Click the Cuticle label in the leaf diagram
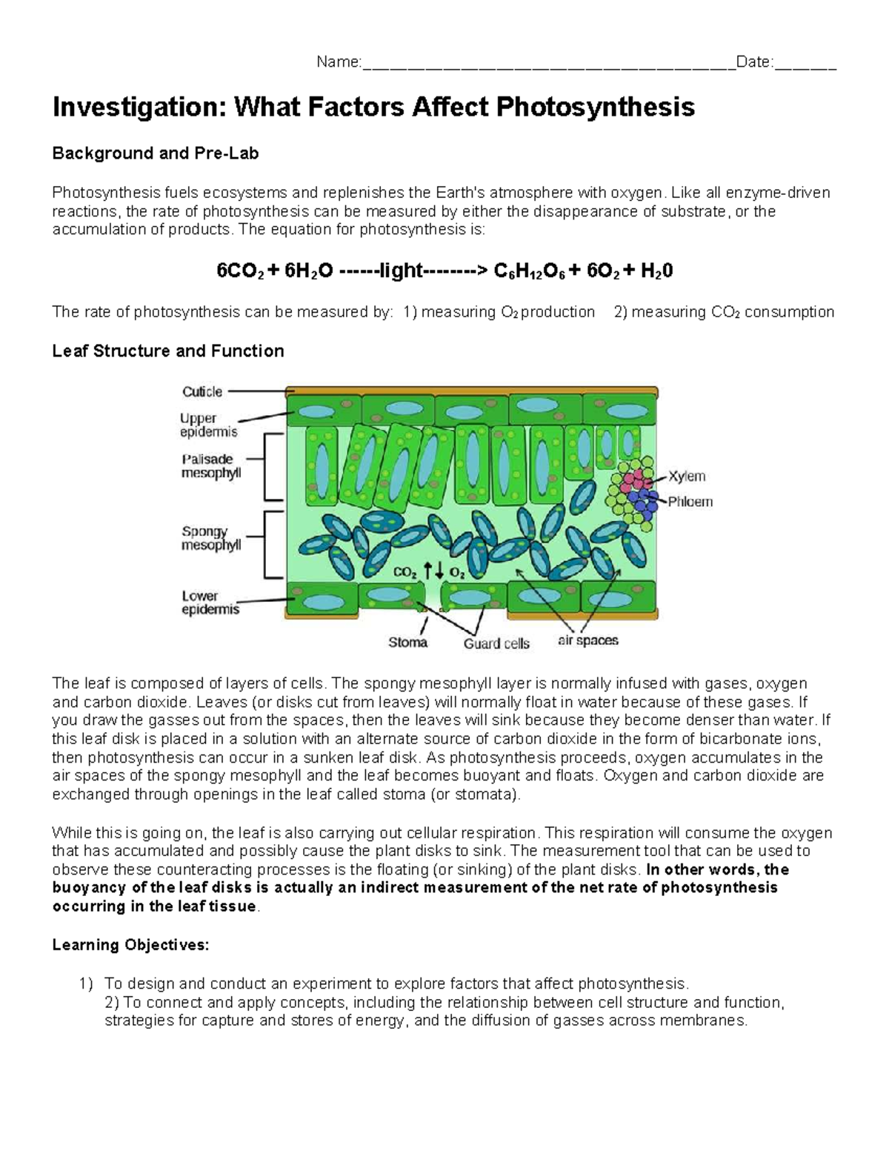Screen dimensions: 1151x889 tap(202, 391)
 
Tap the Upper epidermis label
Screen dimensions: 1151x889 tap(208, 425)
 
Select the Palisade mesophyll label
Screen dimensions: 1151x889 tap(211, 465)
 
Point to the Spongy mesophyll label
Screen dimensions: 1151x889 tap(211, 538)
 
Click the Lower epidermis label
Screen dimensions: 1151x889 tap(210, 603)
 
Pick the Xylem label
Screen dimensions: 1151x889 tap(687, 477)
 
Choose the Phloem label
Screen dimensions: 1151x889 tap(690, 502)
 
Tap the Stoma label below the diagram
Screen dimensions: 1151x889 tap(407, 642)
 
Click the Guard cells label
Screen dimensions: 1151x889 tap(496, 643)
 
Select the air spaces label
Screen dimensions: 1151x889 tap(587, 640)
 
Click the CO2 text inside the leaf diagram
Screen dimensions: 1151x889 tap(405, 572)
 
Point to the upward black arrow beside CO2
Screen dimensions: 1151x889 tap(427, 570)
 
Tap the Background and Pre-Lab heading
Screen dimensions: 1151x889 tap(155, 153)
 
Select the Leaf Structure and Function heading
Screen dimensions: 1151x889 tap(168, 351)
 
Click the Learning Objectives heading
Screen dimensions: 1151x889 tap(130, 945)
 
